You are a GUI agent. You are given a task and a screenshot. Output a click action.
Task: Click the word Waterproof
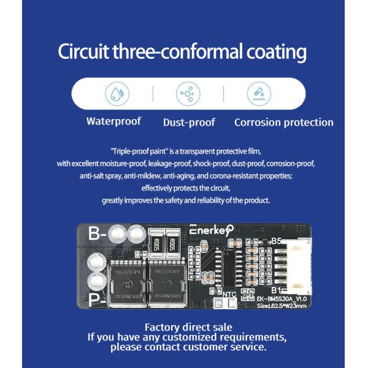coord(113,121)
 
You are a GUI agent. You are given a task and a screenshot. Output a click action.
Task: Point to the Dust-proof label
coord(189,122)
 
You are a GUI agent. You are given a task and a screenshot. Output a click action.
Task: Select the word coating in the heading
coord(275,52)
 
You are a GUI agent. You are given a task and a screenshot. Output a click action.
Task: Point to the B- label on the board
coord(98,234)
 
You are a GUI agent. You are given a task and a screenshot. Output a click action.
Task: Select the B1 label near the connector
coord(276,289)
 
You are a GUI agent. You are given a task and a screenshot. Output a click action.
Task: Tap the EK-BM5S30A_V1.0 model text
coord(282,298)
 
